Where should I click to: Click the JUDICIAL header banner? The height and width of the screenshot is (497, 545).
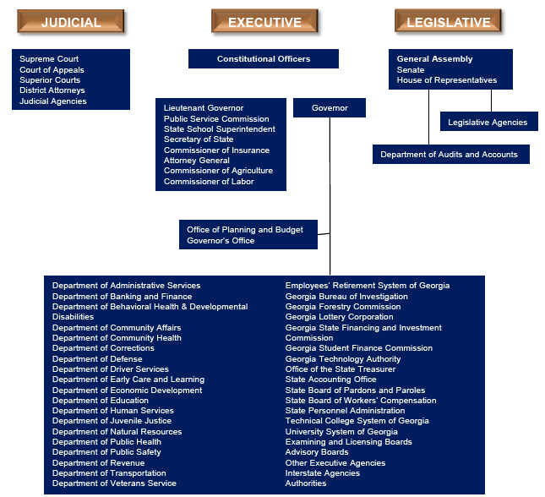point(71,22)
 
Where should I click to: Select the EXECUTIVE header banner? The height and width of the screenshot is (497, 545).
point(264,22)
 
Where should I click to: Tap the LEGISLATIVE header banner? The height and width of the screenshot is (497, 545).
point(448,22)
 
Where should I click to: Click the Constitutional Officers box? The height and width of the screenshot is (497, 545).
point(264,59)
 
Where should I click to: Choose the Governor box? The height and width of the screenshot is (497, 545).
point(330,108)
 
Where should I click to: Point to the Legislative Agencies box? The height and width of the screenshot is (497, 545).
point(488,123)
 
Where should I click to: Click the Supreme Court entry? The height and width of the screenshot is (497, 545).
point(50,59)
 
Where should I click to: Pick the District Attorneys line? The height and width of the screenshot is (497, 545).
point(52,90)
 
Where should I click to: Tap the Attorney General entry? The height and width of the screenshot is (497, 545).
point(197,161)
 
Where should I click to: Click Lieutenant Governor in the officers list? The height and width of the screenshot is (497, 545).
point(204,108)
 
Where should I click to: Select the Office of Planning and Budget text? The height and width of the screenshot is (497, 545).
point(245,230)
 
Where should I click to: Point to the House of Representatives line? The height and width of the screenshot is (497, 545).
point(447,80)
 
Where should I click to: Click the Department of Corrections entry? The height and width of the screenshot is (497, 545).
point(103,348)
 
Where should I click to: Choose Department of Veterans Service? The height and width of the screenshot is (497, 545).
point(114,483)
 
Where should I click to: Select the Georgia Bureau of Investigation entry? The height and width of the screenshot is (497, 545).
point(346,297)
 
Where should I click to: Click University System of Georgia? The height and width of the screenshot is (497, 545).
point(341,431)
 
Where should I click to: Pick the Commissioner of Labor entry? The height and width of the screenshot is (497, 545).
point(209,182)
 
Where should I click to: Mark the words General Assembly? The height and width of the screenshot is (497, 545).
point(435,59)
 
